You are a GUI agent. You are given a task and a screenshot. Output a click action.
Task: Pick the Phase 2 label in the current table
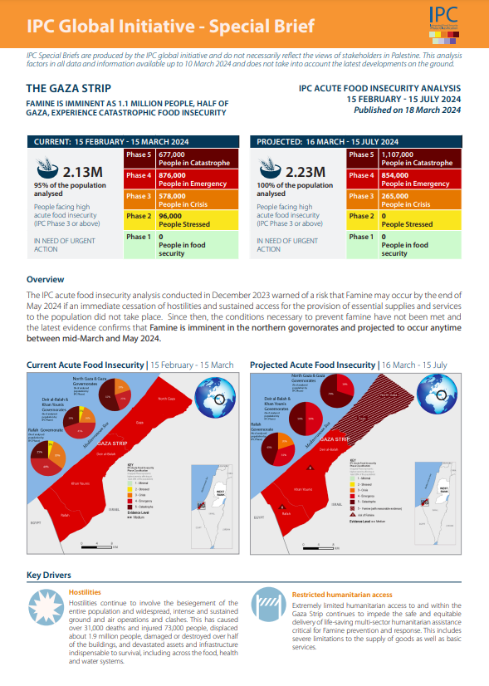pos(139,216)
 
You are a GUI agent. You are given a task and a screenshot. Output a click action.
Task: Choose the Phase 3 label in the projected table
pos(360,196)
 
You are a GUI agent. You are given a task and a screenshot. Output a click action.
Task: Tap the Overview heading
pos(45,280)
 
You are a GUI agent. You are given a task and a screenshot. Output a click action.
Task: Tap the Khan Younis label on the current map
pos(80,483)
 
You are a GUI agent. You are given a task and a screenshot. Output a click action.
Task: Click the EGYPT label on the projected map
pos(260,517)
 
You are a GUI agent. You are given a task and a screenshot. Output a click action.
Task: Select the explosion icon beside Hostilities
pos(45,607)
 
